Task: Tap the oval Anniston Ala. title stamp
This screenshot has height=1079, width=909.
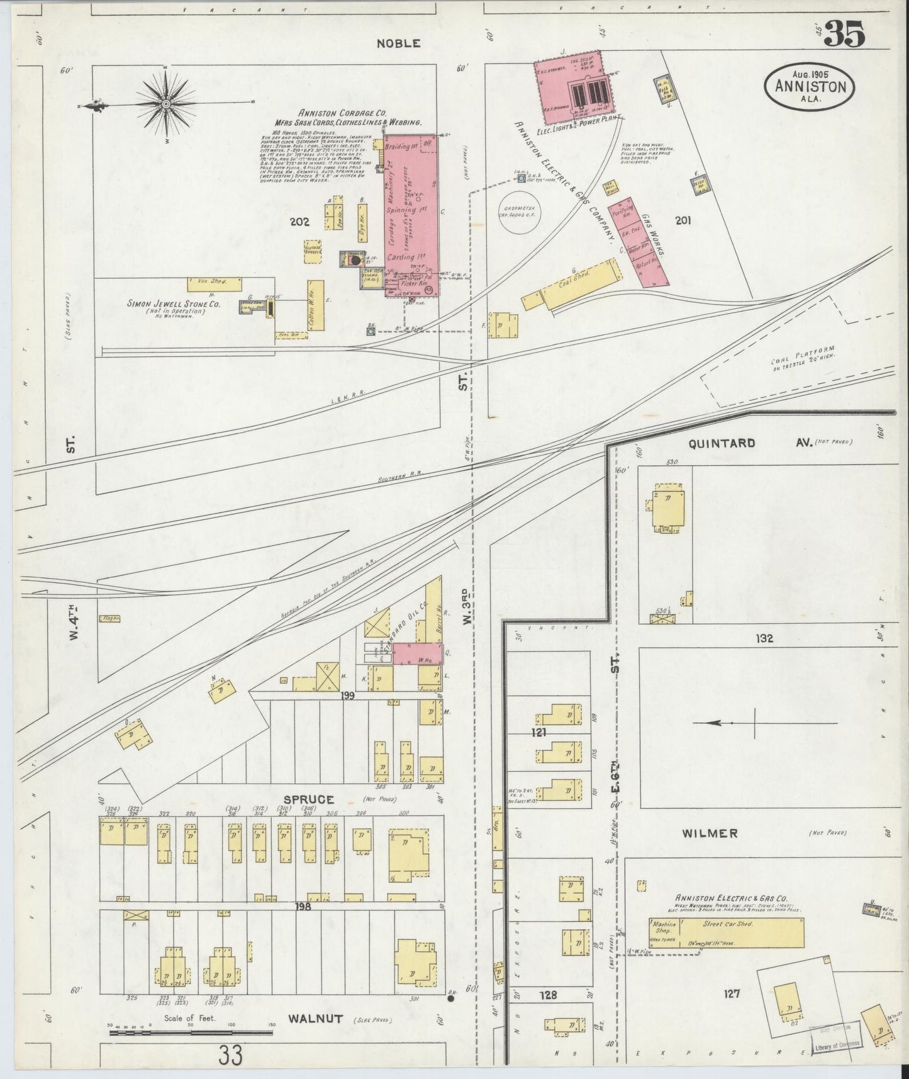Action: tap(810, 88)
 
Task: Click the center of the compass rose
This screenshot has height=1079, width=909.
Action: tap(165, 103)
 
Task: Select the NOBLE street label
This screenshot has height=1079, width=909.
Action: tap(398, 43)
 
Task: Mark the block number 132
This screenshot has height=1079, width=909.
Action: tap(764, 638)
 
